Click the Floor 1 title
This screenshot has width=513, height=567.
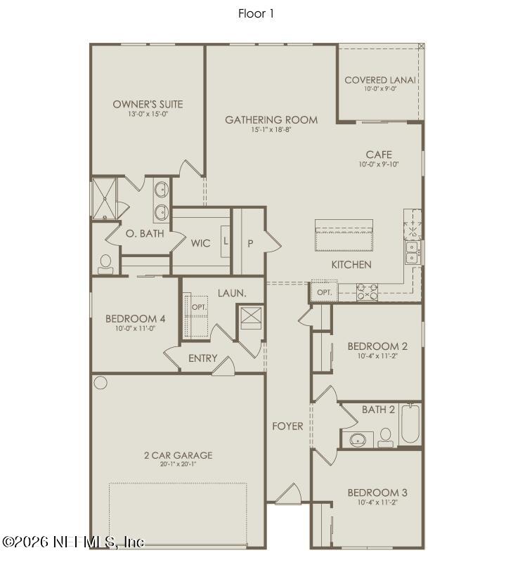[x=256, y=13]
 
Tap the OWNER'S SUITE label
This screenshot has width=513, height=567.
[x=148, y=104]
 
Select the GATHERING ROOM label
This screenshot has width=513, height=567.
[x=271, y=120]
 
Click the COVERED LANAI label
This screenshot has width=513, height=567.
[x=380, y=80]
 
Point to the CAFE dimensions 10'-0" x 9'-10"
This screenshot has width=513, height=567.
[x=379, y=164]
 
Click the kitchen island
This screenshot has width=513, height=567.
[x=344, y=235]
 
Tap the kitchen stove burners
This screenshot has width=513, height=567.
[x=367, y=291]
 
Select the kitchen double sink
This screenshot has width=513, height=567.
[x=412, y=253]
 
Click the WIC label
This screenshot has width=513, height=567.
[x=200, y=244]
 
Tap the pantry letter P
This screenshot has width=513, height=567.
[x=249, y=244]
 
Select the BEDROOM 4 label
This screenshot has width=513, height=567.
[x=136, y=318]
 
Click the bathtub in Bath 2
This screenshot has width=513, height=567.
[x=410, y=424]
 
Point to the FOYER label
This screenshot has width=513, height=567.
[x=288, y=426]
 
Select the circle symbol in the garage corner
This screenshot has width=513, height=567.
[x=100, y=383]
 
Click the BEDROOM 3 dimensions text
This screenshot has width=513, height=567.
[x=377, y=503]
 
